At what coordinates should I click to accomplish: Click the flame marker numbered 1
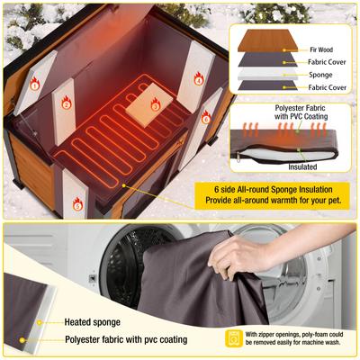pyautogui.click(x=34, y=85)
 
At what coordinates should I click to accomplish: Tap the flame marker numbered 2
pyautogui.click(x=66, y=103)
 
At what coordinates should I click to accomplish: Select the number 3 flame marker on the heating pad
pyautogui.click(x=155, y=105)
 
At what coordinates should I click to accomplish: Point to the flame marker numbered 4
pyautogui.click(x=199, y=79)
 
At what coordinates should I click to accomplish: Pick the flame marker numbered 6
pyautogui.click(x=206, y=117)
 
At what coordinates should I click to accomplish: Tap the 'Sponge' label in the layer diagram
pyautogui.click(x=321, y=76)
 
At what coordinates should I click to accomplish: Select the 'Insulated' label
pyautogui.click(x=302, y=166)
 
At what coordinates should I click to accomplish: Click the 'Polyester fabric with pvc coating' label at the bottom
pyautogui.click(x=125, y=340)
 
